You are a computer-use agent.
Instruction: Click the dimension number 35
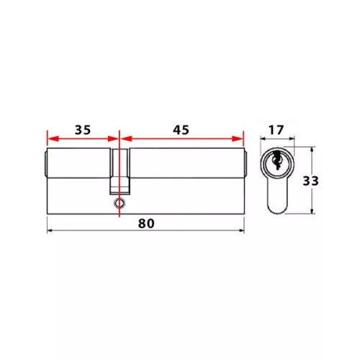[83, 130]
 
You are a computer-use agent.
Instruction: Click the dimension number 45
[181, 130]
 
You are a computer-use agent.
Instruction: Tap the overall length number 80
[146, 223]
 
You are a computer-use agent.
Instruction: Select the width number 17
[276, 130]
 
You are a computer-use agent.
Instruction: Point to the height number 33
[310, 181]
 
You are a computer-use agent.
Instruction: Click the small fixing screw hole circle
[120, 203]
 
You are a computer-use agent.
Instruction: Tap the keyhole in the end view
[276, 160]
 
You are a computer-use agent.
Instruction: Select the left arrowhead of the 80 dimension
[50, 230]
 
